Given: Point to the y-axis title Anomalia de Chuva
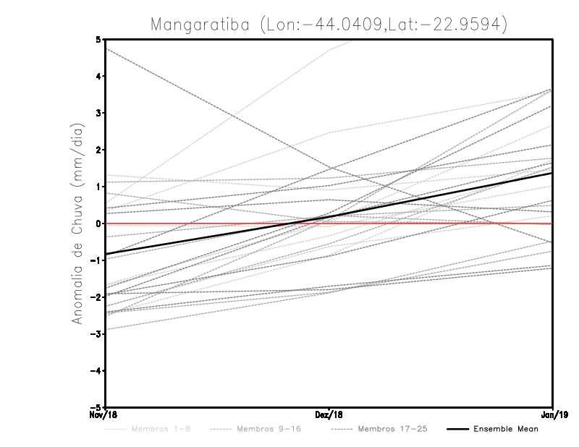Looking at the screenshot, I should tap(77, 223).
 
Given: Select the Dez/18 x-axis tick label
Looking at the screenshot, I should tap(329, 414).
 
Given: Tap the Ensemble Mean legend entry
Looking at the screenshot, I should tap(505, 429).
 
